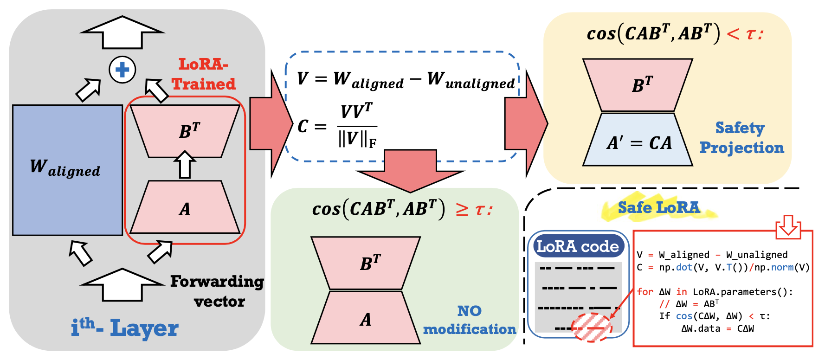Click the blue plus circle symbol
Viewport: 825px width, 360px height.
click(x=122, y=70)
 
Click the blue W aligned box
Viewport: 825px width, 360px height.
click(x=67, y=170)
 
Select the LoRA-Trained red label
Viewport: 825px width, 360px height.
click(x=203, y=74)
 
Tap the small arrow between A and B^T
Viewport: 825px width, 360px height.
click(x=185, y=165)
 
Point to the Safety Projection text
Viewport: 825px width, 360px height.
click(x=741, y=138)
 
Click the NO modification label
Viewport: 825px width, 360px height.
click(x=469, y=320)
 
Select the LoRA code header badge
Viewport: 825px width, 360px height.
click(x=577, y=246)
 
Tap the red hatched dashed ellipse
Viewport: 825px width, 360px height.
click(x=592, y=328)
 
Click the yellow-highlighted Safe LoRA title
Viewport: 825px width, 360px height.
click(x=658, y=207)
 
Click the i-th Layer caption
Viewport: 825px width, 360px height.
click(x=124, y=328)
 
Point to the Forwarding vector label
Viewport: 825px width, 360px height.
click(x=217, y=291)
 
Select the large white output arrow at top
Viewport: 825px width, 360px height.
click(x=122, y=32)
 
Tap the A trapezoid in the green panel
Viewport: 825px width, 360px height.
click(x=366, y=318)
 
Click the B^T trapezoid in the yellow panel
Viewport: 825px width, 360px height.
click(x=638, y=85)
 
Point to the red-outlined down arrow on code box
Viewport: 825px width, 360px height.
click(x=788, y=226)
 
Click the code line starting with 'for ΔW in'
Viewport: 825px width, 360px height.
click(x=715, y=292)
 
